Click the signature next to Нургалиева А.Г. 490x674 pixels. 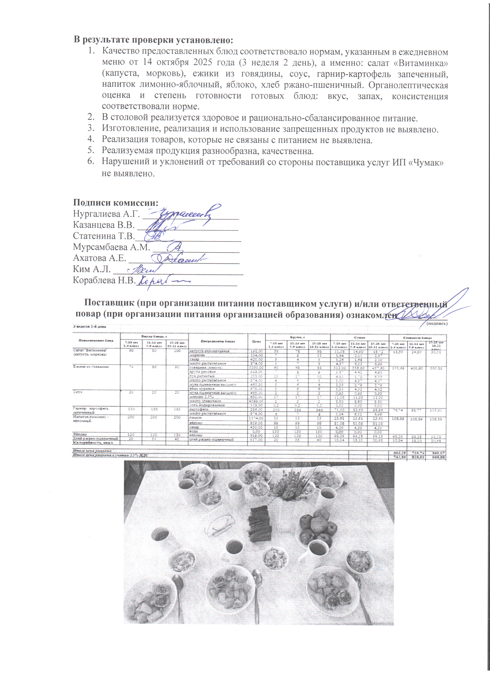tap(184, 213)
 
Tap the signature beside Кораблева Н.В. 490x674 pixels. tap(163, 281)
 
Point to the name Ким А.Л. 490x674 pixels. tap(92, 269)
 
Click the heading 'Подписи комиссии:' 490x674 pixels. tap(116, 203)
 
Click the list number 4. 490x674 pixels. tap(90, 140)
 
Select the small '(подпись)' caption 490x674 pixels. tap(436, 323)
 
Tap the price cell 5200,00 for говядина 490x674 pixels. tap(256, 368)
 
